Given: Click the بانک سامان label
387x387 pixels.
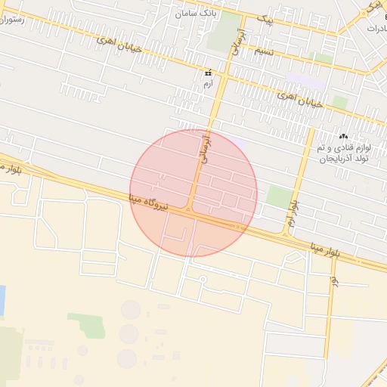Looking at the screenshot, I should click(197, 14).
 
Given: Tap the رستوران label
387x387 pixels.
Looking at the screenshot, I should click(13, 20).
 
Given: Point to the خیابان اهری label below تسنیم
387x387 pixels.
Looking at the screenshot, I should click(300, 99).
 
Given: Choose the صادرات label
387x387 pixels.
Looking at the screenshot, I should click(376, 27).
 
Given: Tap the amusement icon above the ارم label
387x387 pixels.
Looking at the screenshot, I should click(209, 73).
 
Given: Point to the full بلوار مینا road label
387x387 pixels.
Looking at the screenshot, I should click(334, 249).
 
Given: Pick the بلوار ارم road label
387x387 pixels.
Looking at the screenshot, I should click(293, 211).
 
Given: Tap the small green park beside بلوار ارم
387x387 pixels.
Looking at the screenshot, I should click(279, 197).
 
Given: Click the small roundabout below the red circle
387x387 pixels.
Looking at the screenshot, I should click(203, 279).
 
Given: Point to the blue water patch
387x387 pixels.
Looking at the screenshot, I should click(2, 300).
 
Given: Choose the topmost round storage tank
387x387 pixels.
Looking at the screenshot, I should click(131, 309).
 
